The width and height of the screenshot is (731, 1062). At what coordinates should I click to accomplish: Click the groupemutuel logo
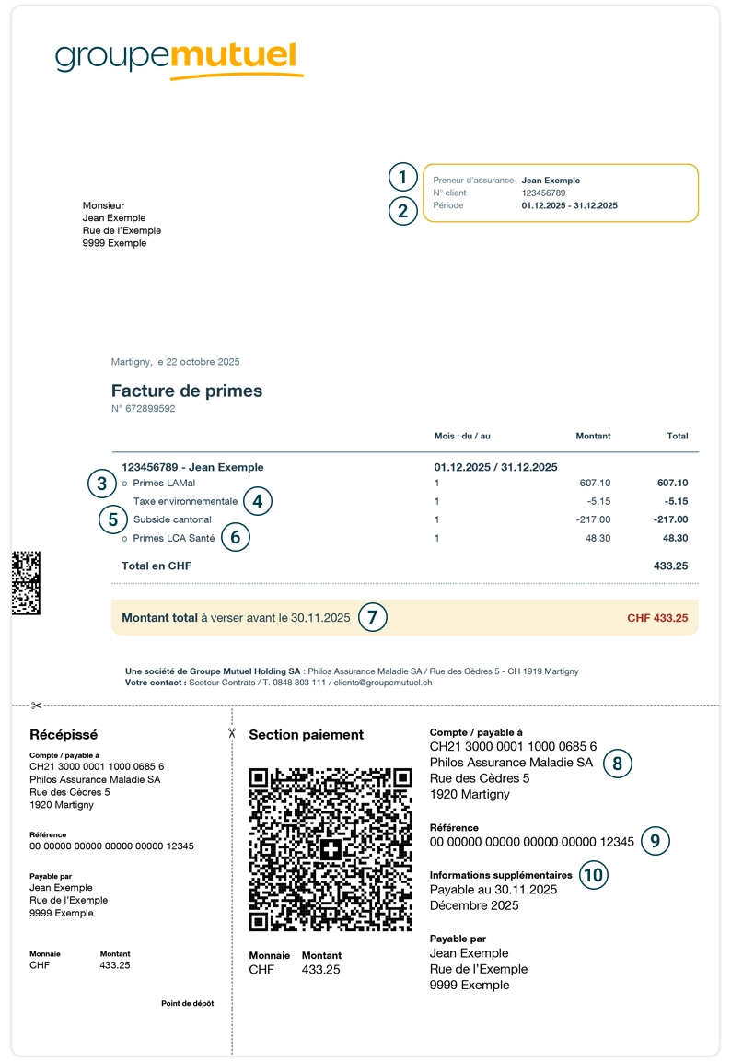coord(180,58)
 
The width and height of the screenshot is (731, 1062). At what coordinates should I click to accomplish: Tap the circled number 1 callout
coord(402,177)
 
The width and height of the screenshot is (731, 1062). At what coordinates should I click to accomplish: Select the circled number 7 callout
coord(372,617)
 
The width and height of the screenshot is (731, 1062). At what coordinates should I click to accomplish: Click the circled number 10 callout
coord(595,874)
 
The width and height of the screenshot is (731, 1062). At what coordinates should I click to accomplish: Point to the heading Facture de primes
coord(187,391)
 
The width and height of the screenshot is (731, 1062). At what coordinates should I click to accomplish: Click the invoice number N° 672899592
coord(143,409)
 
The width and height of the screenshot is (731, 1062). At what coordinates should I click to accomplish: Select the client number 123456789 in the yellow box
coord(543,193)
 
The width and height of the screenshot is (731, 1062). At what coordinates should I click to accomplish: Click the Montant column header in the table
coord(593,436)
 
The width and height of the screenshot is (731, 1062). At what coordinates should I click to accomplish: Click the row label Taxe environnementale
coord(185,502)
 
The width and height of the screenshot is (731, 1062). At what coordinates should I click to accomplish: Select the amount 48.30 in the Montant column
coord(598,538)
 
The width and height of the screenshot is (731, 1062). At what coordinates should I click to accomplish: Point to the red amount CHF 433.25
coord(657,618)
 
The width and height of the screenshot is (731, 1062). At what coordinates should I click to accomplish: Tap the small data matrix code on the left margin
coord(26,582)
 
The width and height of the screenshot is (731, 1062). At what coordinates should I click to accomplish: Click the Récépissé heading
coord(64,735)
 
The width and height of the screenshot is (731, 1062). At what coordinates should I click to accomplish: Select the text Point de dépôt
coord(187,1003)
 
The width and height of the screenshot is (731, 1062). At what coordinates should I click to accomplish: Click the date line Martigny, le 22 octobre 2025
coord(175,362)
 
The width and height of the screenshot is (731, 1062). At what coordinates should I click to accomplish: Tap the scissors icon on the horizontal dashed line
coord(37,706)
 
